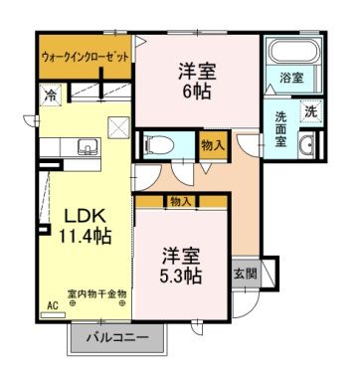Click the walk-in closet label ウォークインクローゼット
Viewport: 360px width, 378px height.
(86, 58)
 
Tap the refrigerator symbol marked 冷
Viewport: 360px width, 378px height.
(50, 94)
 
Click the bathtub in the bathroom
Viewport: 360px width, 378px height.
(289, 52)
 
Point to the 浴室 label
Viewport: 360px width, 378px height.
(291, 77)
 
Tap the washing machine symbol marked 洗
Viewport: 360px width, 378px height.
(310, 111)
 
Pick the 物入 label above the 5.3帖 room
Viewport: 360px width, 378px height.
(180, 201)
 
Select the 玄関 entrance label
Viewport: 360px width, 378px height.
(246, 273)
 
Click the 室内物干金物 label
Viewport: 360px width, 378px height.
(96, 293)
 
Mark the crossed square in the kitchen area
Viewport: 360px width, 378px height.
(118, 126)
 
